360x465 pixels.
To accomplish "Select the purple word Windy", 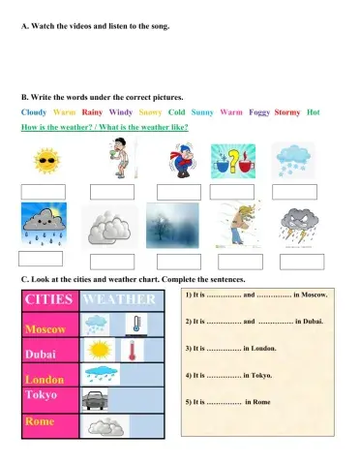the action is (x=121, y=112).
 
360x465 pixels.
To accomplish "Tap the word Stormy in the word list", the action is (x=287, y=112).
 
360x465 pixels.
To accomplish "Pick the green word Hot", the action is (x=313, y=112).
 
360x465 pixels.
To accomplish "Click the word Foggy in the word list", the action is (x=258, y=112).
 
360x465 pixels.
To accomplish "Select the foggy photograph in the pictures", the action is (x=172, y=226).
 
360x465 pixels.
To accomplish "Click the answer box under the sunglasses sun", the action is (x=43, y=192).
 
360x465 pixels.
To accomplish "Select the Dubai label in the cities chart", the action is (x=42, y=355).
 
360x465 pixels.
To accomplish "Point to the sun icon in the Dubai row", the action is (x=100, y=350).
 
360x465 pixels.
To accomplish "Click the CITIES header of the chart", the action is (x=48, y=300).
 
